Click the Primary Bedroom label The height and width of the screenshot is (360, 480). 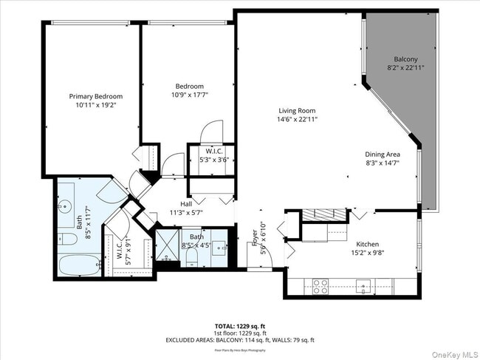tap(96, 96)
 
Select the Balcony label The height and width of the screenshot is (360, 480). tap(405, 59)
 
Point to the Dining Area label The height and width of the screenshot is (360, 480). tap(382, 154)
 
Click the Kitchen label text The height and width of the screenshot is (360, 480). tap(368, 243)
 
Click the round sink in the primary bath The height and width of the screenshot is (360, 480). tap(65, 205)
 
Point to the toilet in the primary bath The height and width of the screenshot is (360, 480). tap(64, 239)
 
